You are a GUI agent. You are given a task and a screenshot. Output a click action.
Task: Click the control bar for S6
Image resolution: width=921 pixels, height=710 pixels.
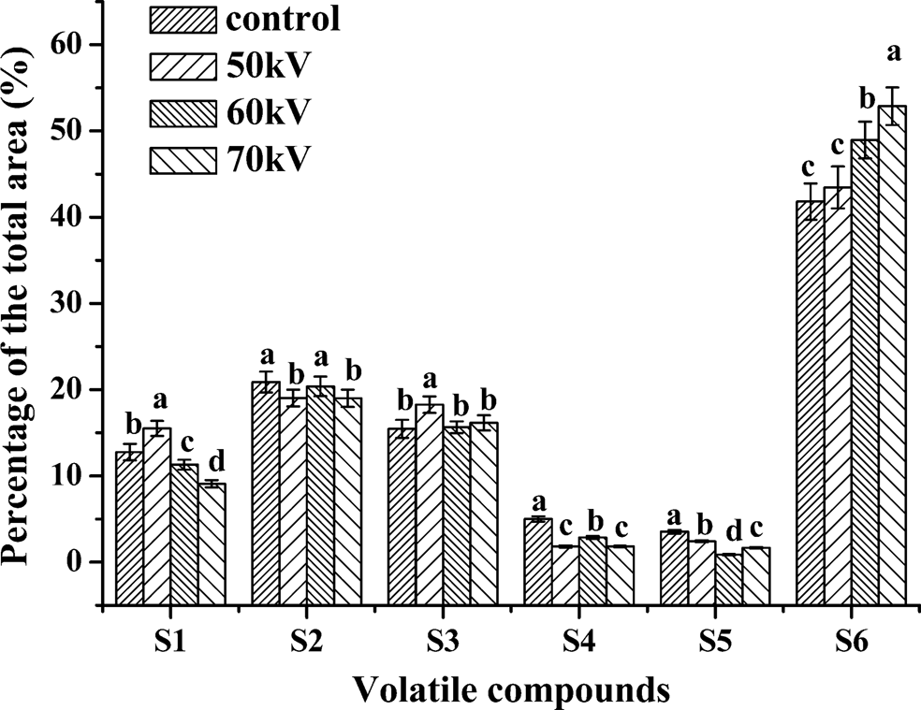[810, 402]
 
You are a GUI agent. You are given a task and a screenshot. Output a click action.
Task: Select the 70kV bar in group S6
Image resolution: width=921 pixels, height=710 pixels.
[893, 355]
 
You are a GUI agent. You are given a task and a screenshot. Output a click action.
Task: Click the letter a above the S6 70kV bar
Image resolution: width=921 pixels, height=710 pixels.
[893, 53]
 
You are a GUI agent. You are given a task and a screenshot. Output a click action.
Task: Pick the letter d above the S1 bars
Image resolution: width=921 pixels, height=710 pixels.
[212, 460]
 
